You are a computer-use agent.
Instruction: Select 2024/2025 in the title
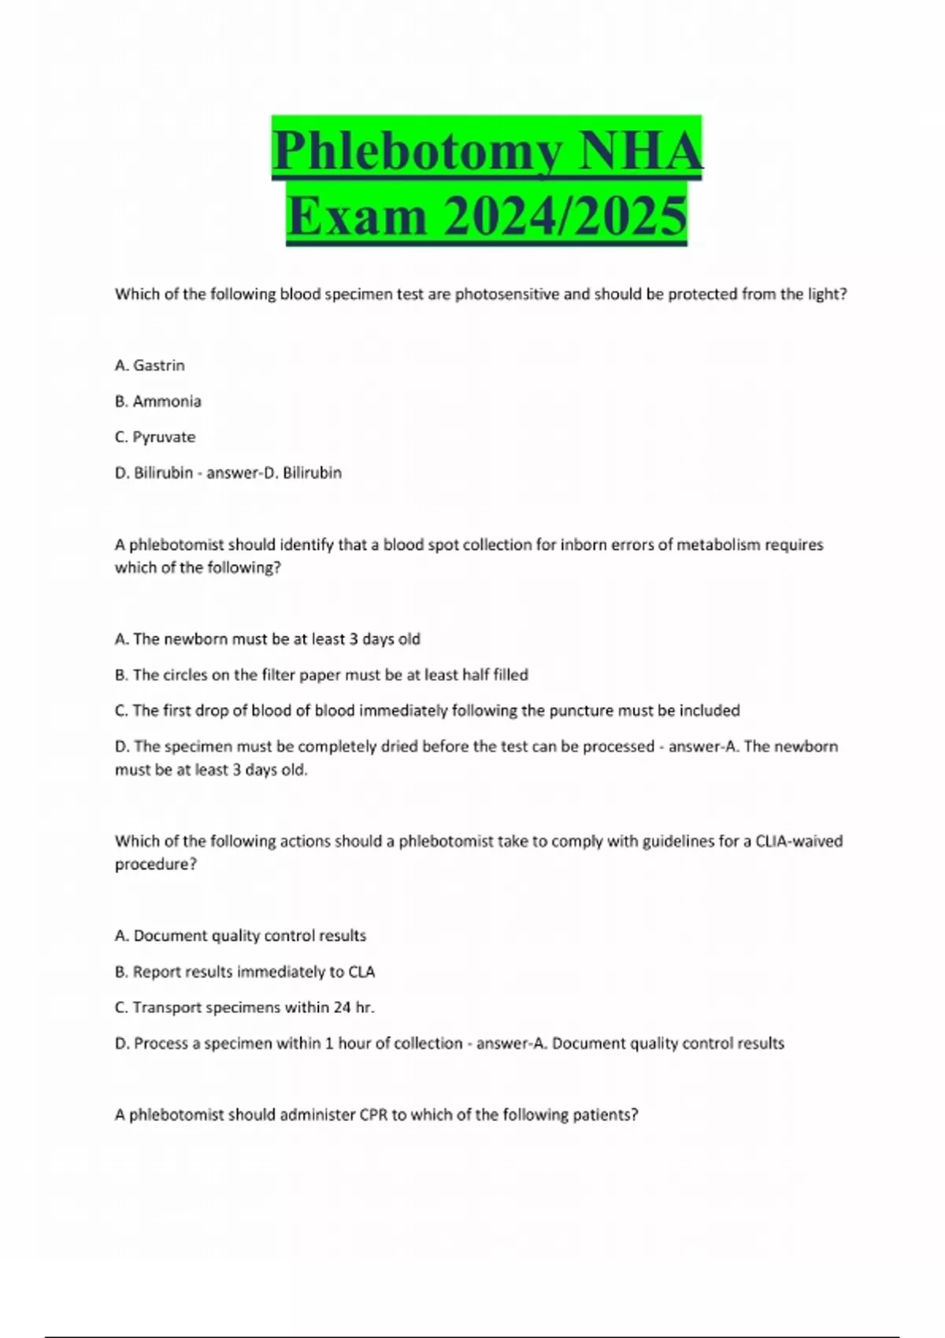pyautogui.click(x=565, y=216)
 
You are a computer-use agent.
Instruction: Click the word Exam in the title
pyautogui.click(x=357, y=216)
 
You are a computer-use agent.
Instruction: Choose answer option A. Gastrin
pyautogui.click(x=150, y=365)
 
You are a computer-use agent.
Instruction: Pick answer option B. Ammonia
pyautogui.click(x=158, y=401)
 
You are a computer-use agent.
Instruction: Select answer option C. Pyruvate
pyautogui.click(x=155, y=437)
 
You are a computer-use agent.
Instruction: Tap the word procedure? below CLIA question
pyautogui.click(x=155, y=864)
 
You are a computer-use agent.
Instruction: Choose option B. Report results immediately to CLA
pyautogui.click(x=245, y=972)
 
